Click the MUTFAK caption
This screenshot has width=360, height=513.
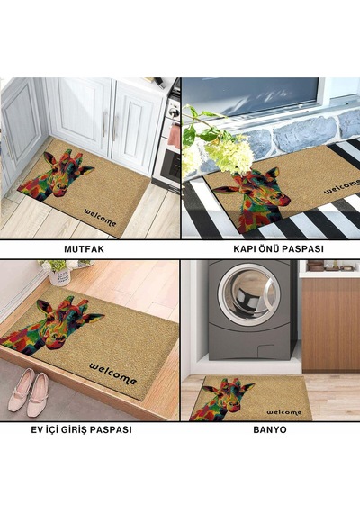pyautogui.click(x=84, y=249)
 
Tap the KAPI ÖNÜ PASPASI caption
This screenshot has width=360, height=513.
pyautogui.click(x=278, y=248)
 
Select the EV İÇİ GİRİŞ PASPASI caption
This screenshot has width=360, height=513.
pyautogui.click(x=82, y=429)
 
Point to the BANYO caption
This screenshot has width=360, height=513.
pyautogui.click(x=270, y=429)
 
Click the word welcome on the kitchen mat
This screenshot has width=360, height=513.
pyautogui.click(x=100, y=218)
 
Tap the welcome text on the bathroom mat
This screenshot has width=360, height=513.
pyautogui.click(x=283, y=412)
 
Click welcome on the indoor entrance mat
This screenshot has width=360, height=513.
pyautogui.click(x=112, y=373)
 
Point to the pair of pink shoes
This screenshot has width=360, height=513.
pyautogui.click(x=29, y=391)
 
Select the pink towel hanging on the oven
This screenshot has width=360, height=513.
pyautogui.click(x=175, y=136)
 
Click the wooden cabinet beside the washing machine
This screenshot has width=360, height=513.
pyautogui.click(x=330, y=325)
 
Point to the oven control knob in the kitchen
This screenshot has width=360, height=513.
pyautogui.click(x=173, y=113)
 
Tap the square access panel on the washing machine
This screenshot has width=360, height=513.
pyautogui.click(x=265, y=352)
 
